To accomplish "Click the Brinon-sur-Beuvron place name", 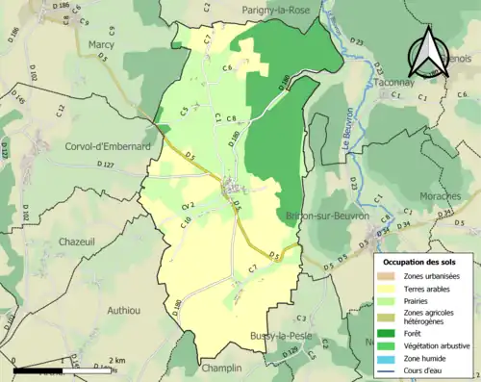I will (x=327, y=216).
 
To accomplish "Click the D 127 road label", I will (x=104, y=165).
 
